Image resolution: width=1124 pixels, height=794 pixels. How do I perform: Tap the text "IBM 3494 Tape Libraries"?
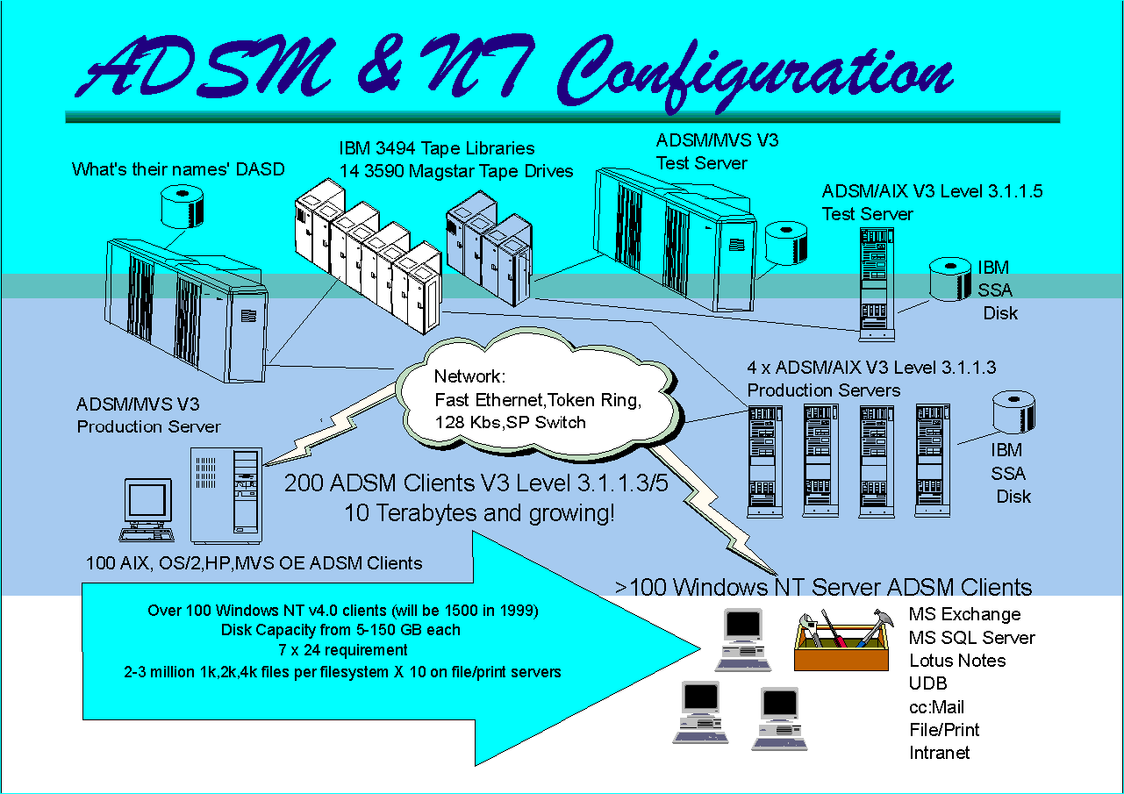(x=437, y=148)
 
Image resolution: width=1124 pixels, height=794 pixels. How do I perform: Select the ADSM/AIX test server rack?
(x=875, y=281)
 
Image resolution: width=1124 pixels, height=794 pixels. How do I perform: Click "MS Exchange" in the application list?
(x=964, y=614)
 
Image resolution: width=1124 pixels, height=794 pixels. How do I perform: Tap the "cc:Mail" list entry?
(x=936, y=706)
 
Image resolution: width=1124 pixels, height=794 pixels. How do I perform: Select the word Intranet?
(x=939, y=753)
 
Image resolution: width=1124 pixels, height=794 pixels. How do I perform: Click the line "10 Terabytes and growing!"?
(x=479, y=513)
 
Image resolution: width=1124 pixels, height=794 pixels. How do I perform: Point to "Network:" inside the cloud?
(x=470, y=378)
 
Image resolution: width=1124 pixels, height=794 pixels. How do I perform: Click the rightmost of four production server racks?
(x=932, y=460)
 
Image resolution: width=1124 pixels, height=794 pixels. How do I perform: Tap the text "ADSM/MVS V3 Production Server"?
(x=148, y=416)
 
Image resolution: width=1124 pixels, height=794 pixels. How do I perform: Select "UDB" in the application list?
(x=927, y=683)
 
